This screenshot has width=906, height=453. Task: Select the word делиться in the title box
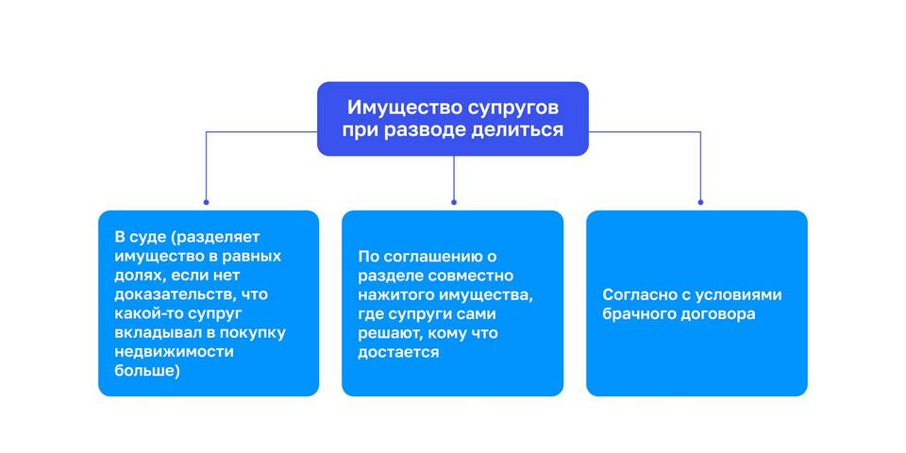click(517, 130)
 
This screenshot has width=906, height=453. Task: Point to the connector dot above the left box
click(207, 201)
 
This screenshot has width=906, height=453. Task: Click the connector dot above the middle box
click(453, 201)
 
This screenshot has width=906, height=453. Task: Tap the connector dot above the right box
click(699, 201)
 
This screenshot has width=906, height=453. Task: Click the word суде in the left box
click(147, 237)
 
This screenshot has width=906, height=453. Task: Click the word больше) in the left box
click(146, 370)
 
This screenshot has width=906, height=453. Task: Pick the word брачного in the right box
click(639, 313)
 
